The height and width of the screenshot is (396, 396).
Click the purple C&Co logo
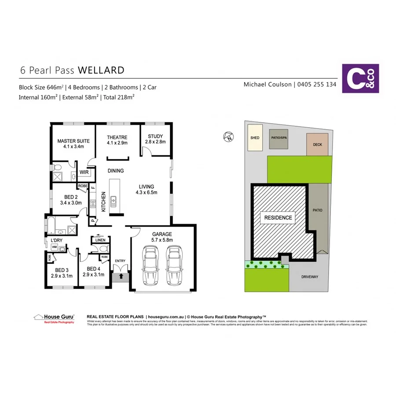click(360, 79)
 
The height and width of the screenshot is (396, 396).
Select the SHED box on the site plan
click(255, 138)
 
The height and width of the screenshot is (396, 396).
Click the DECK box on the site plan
click(317, 145)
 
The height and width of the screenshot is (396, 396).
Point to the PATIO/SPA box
click(279, 138)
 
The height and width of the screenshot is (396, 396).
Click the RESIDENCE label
click(278, 217)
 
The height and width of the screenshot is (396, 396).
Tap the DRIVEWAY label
click(309, 277)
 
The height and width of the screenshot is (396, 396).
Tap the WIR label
click(84, 172)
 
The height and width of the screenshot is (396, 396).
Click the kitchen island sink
click(113, 202)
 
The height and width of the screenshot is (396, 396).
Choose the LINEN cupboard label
click(100, 240)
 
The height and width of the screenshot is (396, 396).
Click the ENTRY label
click(120, 261)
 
